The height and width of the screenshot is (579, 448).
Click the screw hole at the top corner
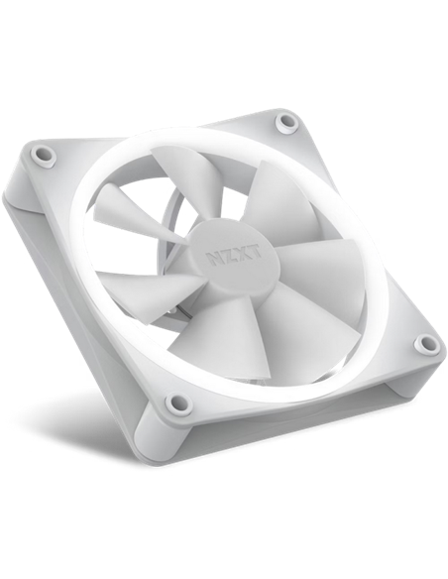[x=287, y=120]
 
